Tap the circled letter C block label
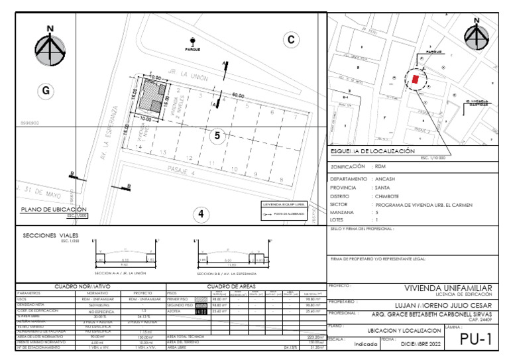point(290,40)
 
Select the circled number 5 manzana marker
point(219,135)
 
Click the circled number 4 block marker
point(202,213)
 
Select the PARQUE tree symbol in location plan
point(193,41)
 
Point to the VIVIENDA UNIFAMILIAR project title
point(448,288)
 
